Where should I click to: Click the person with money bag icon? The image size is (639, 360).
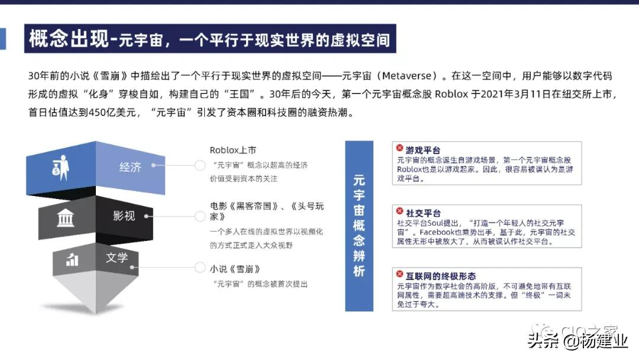[61, 168]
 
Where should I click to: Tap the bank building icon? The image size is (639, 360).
[65, 217]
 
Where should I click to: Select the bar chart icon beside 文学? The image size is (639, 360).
[72, 259]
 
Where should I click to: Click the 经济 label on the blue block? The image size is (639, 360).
[130, 167]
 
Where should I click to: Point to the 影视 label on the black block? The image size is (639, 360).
[124, 216]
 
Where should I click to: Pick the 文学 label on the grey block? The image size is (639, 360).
[117, 257]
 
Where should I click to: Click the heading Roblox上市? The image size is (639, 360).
[233, 150]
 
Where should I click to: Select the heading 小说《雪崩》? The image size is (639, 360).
[235, 269]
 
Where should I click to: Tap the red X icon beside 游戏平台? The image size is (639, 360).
[399, 148]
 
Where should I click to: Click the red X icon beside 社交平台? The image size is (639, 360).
[399, 211]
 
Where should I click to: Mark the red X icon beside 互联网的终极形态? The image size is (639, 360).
[399, 274]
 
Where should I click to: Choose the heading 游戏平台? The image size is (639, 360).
[422, 150]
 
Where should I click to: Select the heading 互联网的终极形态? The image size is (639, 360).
[441, 276]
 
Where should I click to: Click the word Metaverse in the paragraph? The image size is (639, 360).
[406, 76]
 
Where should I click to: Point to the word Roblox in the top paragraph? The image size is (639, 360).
[451, 94]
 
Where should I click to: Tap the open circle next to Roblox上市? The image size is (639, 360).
[200, 165]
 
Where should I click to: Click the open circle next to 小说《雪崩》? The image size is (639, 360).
[200, 268]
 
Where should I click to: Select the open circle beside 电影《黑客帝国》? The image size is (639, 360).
[200, 216]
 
